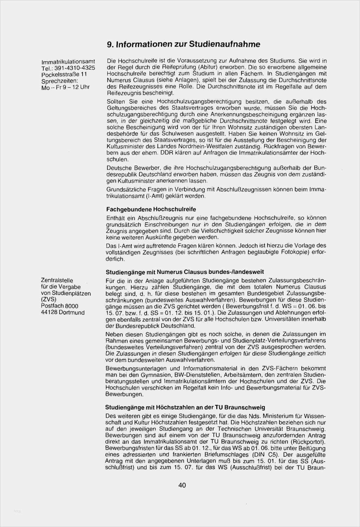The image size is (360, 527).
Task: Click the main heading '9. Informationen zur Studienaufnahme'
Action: click(x=184, y=44)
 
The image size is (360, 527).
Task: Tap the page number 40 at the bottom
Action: click(x=182, y=486)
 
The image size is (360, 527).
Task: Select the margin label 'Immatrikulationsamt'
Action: click(x=68, y=62)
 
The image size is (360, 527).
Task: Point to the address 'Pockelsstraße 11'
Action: click(x=64, y=75)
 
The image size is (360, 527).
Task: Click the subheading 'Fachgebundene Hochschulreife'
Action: click(x=151, y=209)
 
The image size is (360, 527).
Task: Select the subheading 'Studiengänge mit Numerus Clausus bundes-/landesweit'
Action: click(x=185, y=272)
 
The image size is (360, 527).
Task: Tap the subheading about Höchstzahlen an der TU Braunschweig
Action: click(x=185, y=407)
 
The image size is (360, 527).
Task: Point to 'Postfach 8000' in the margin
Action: click(x=59, y=306)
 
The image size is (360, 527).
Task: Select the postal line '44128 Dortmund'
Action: click(x=63, y=313)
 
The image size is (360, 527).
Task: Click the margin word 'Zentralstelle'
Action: click(x=57, y=280)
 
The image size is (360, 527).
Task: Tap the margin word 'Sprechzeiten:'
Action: click(x=59, y=81)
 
